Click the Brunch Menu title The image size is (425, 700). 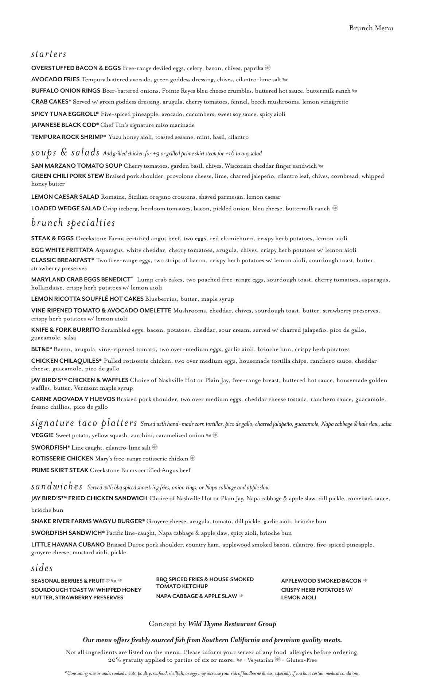[371, 28]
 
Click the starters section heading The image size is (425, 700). [49, 54]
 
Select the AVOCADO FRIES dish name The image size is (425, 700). [55, 79]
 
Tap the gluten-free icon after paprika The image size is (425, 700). [268, 68]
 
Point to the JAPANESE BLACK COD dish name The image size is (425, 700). [65, 125]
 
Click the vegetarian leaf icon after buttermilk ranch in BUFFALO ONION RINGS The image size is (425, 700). [355, 91]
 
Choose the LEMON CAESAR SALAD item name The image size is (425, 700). [65, 197]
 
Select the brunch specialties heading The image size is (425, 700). [73, 222]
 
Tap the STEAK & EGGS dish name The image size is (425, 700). [52, 238]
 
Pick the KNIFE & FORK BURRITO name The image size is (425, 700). [65, 330]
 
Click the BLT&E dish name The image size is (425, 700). [42, 349]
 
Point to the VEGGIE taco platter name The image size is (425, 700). [42, 435]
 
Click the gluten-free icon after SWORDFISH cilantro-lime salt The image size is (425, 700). [155, 447]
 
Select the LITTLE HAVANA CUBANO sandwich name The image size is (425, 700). [68, 545]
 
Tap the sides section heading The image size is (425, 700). [42, 568]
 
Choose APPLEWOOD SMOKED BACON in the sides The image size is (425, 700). [321, 581]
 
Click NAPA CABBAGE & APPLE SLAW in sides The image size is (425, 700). [196, 596]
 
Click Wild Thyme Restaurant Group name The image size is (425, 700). [232, 624]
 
